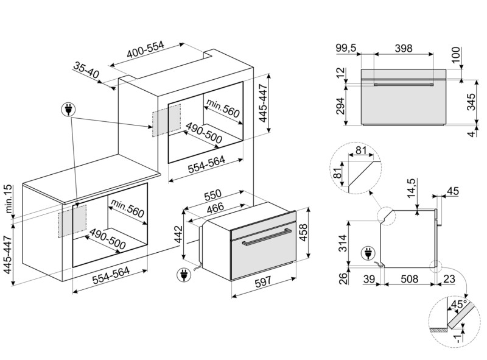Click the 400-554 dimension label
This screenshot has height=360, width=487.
point(145,50)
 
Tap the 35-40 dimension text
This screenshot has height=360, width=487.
point(86,70)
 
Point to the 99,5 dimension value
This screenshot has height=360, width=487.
point(346,49)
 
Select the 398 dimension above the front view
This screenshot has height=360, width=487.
point(404,48)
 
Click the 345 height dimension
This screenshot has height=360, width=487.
point(471,102)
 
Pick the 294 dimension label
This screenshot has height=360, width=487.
point(341,106)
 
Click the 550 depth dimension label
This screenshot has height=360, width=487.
point(212,196)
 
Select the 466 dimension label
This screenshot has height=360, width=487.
point(215,208)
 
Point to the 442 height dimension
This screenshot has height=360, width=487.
point(178,234)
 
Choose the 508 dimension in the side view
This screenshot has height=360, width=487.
point(409,279)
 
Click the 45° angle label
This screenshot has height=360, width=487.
point(459,305)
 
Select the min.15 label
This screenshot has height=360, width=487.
point(9,199)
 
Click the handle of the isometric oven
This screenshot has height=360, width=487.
point(267,237)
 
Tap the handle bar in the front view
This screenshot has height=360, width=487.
point(404,85)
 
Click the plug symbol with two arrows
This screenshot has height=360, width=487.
point(69,110)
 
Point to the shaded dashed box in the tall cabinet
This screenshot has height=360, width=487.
point(166,121)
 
